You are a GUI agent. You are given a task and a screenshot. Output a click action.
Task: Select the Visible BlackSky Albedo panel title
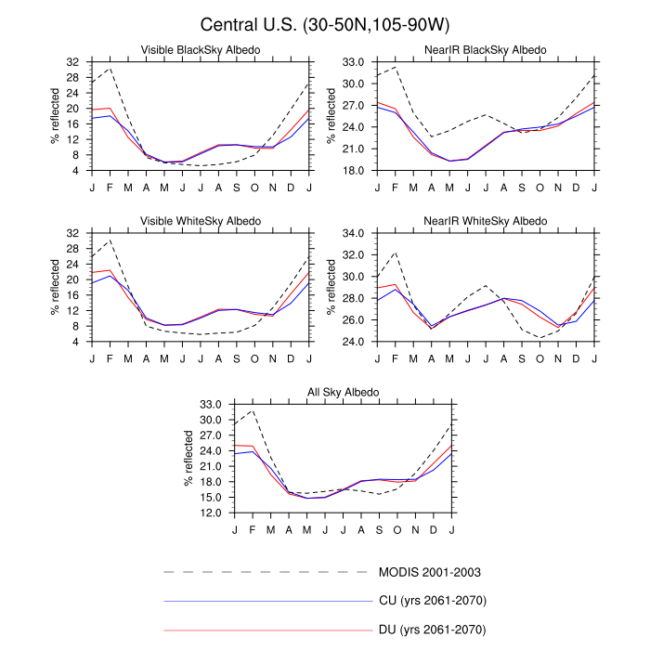point(200,49)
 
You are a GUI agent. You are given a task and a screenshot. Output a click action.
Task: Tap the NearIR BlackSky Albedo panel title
point(486,49)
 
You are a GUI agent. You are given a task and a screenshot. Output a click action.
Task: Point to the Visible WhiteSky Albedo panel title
point(200,221)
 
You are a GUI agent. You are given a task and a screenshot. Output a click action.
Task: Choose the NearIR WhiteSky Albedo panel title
point(486,221)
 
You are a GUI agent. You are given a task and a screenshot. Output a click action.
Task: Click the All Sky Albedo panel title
point(344,393)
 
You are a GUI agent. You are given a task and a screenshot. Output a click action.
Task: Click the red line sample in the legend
point(266,630)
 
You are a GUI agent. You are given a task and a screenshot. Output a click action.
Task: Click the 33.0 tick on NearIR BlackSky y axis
point(355,61)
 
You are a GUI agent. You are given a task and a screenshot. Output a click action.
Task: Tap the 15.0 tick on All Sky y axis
point(212,498)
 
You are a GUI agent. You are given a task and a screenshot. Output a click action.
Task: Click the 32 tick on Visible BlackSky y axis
point(73,61)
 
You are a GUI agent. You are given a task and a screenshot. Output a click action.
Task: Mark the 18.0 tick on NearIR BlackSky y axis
point(355,171)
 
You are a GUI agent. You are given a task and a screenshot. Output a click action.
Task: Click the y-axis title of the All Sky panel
point(188,459)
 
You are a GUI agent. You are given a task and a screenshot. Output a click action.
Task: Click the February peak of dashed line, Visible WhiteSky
point(110,240)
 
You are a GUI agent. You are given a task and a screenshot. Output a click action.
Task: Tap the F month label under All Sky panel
point(253,529)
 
